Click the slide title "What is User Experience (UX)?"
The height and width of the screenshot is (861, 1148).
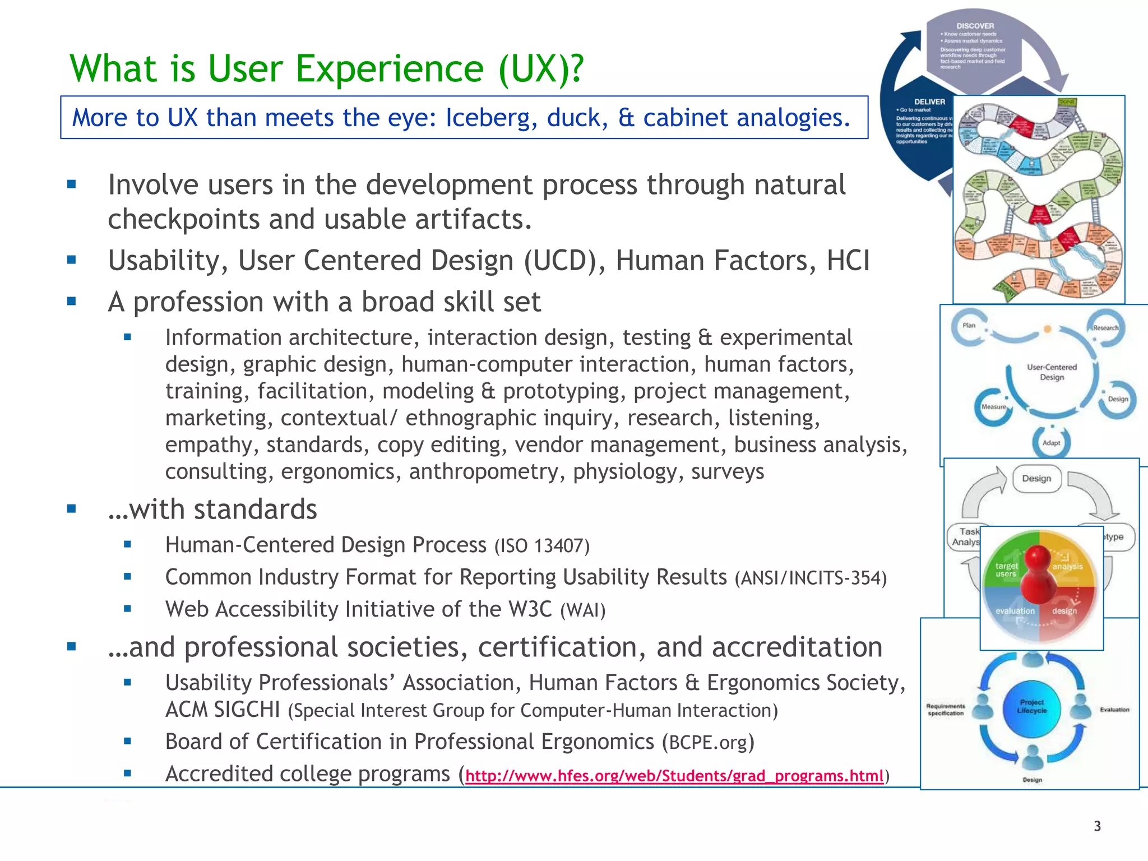tap(326, 69)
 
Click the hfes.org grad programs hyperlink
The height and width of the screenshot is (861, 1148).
tap(674, 776)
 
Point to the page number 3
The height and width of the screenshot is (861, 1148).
tap(1097, 826)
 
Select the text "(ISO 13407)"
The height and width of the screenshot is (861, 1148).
tap(541, 546)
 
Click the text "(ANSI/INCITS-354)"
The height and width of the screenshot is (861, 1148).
tap(811, 578)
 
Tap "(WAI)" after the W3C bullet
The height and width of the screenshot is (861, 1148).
tap(583, 610)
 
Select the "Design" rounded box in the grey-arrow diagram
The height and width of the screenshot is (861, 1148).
tap(1036, 479)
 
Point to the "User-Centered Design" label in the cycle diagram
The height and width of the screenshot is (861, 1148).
tap(1052, 372)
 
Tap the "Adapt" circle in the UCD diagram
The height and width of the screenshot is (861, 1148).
tap(1051, 442)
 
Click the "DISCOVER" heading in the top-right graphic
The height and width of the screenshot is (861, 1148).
tap(975, 26)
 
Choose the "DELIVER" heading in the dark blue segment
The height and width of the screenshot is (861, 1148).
tap(929, 102)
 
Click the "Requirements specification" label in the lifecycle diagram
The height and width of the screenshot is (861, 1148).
tap(946, 710)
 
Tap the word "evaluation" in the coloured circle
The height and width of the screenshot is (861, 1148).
tap(1015, 611)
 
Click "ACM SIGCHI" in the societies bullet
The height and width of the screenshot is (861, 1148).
tap(223, 710)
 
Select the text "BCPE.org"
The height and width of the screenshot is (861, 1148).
tap(708, 742)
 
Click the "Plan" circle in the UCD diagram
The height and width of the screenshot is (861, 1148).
tap(969, 325)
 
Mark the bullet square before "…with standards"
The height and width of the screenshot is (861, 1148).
tap(71, 509)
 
